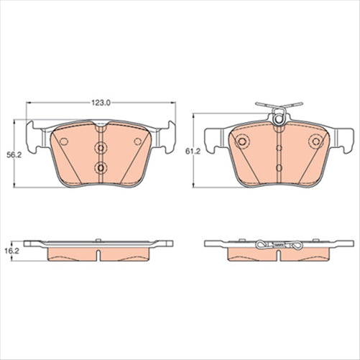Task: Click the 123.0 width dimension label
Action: [101, 103]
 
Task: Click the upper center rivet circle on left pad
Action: [101, 149]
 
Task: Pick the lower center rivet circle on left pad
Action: [101, 169]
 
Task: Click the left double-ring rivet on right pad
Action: [242, 141]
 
